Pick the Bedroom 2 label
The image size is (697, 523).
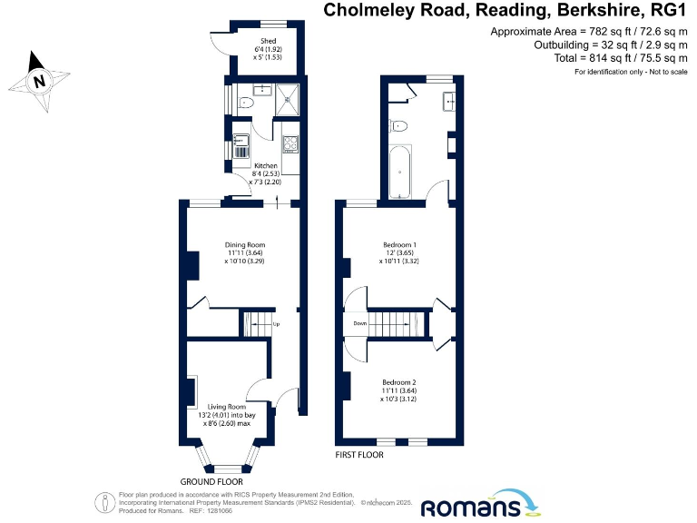[399, 388]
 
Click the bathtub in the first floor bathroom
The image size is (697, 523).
[399, 174]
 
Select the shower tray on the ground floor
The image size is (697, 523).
[289, 95]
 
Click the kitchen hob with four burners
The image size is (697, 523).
[290, 142]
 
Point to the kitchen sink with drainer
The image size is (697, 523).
[241, 145]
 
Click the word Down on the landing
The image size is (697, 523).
[359, 322]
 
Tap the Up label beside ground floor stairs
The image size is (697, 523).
[276, 323]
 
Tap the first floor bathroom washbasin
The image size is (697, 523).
[448, 101]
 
